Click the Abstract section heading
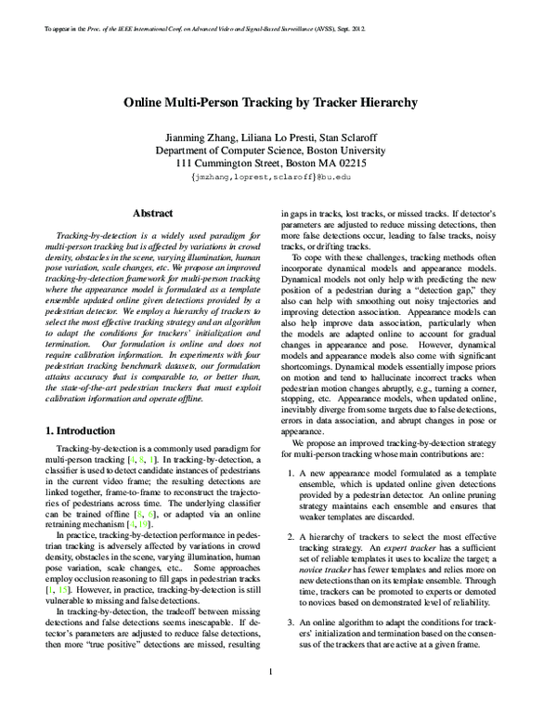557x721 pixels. click(x=152, y=214)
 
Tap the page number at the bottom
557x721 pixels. click(x=270, y=697)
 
